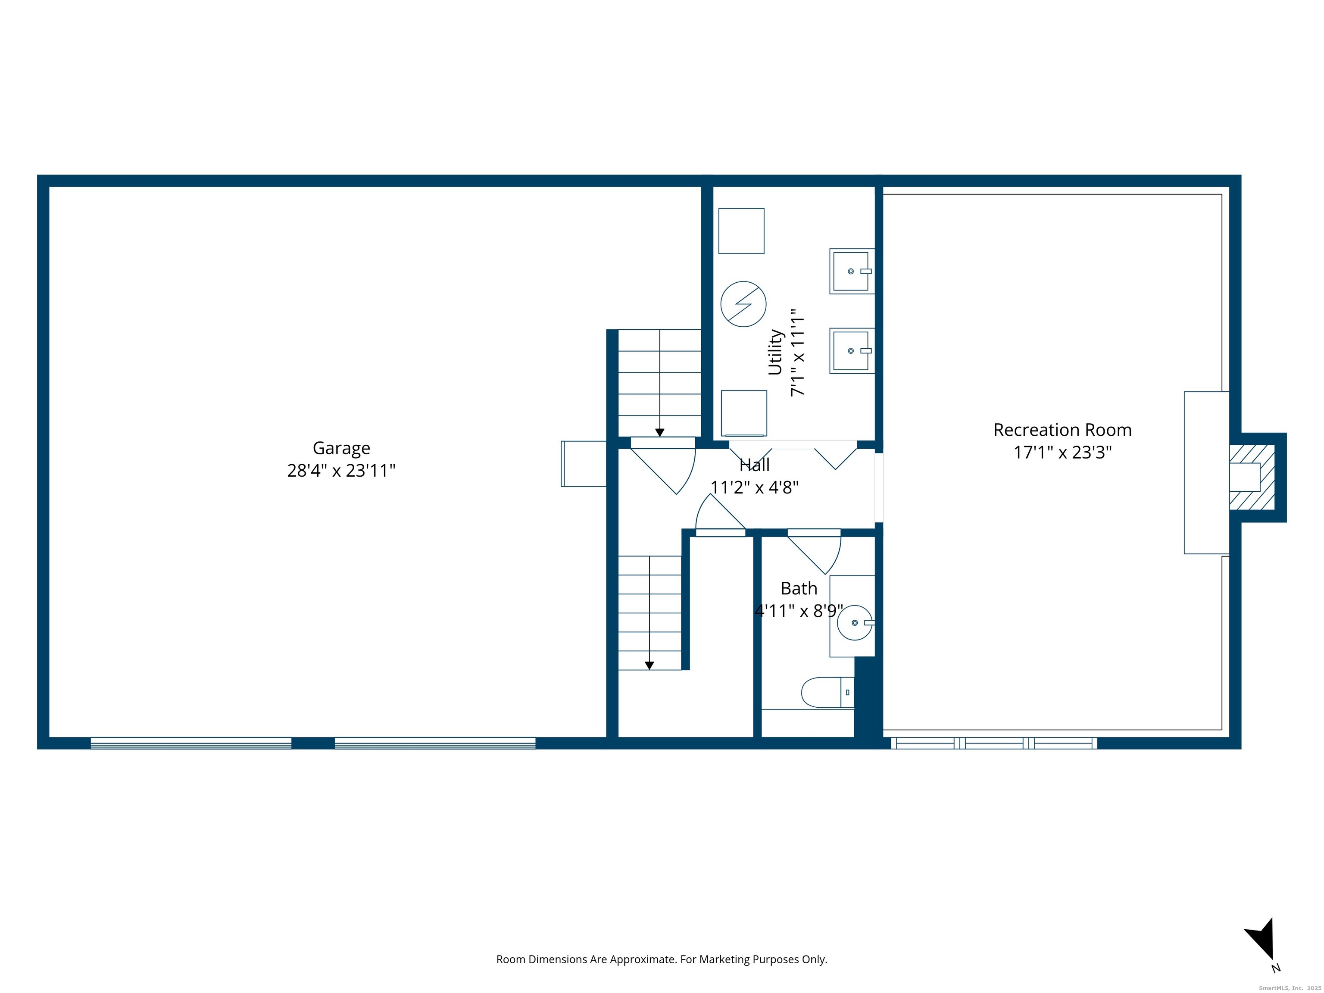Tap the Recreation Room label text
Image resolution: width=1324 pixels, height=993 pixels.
pos(1062,430)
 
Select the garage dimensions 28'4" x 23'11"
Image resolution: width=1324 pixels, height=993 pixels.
pos(341,471)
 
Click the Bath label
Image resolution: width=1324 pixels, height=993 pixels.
pos(799,588)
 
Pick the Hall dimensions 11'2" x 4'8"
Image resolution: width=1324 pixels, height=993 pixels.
pos(754,487)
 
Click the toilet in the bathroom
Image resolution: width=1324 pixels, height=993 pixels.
pos(827,693)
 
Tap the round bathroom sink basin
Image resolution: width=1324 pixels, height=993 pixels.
pos(855,622)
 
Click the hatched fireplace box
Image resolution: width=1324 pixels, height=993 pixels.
pos(1252,478)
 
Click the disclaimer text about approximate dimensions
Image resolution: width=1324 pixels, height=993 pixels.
pos(662,959)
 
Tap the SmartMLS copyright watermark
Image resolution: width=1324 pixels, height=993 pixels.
pos(1290,988)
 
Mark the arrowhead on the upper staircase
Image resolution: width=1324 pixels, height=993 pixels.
pos(659,433)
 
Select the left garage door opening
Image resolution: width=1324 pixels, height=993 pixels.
pos(191,743)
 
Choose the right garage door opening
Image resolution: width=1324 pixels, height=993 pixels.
pos(435,743)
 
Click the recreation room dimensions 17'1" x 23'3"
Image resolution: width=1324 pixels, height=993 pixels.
pos(1062,452)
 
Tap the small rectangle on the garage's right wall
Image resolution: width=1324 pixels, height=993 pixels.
pos(584,464)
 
